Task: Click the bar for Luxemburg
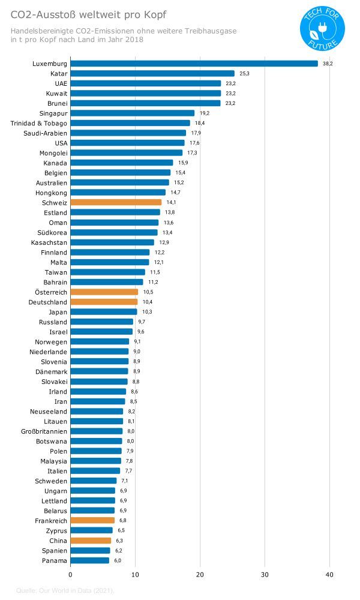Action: (194, 64)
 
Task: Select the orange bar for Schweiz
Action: (116, 203)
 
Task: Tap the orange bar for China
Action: (91, 541)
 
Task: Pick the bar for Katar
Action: (152, 74)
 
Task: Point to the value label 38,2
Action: (328, 64)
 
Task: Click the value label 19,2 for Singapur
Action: (205, 113)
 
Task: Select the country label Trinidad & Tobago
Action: (39, 123)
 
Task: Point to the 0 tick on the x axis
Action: (71, 575)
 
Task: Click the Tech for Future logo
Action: (322, 29)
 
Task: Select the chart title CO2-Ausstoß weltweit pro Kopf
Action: (89, 14)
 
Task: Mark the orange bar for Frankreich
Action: (92, 521)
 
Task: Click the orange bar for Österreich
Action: (104, 292)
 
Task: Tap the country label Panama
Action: (55, 560)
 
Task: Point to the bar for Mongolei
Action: (127, 153)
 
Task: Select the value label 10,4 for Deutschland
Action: (147, 302)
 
